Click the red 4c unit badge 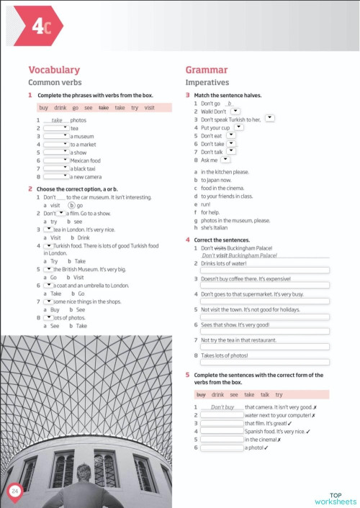point(40,27)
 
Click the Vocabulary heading point(53,70)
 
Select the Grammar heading point(207,70)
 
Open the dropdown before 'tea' point(56,128)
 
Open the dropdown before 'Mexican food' point(56,160)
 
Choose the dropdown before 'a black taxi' point(56,168)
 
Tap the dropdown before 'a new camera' point(56,176)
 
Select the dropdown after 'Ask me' point(225,160)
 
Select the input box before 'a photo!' point(222,448)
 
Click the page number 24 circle point(15,491)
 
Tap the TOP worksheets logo point(335,498)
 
